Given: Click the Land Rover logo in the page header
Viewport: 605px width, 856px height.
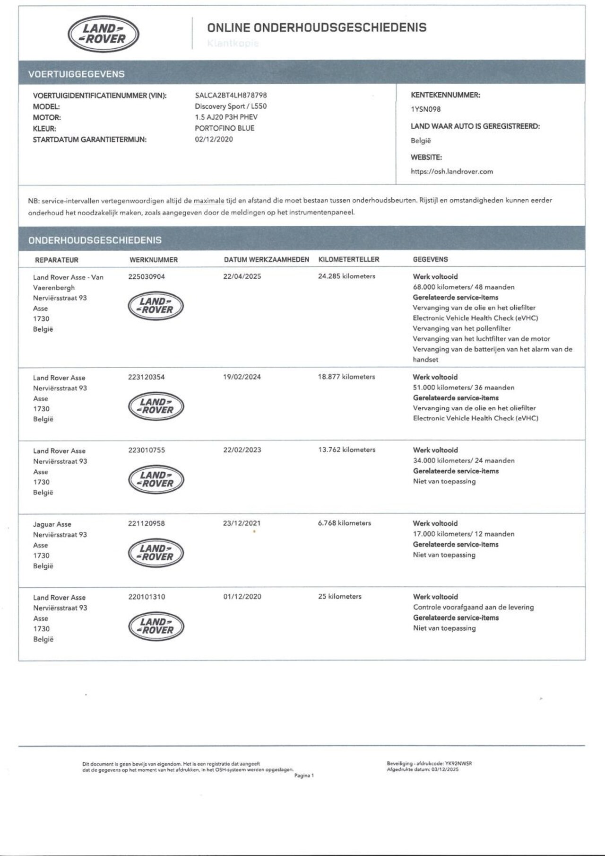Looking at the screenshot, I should (x=104, y=35).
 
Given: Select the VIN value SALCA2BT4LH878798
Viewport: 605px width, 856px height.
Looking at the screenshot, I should (x=231, y=95).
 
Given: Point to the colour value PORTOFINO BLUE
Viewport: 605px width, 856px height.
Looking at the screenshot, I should (x=225, y=128).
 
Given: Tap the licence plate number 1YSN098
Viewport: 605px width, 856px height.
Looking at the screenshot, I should (x=425, y=109).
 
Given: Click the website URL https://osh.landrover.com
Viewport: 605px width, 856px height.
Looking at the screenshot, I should (x=451, y=172).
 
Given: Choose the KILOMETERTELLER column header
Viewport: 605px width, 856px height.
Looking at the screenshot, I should (x=349, y=259).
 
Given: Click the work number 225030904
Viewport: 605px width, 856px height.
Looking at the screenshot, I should (x=147, y=276).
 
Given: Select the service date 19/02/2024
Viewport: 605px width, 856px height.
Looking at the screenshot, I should (x=242, y=377).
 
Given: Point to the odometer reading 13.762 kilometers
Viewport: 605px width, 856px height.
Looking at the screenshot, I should (x=346, y=450).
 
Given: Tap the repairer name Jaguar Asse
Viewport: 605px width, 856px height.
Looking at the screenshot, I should (x=52, y=524).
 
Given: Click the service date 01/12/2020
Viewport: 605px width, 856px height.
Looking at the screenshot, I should (x=242, y=597).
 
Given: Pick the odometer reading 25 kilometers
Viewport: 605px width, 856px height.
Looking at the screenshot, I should (x=339, y=597).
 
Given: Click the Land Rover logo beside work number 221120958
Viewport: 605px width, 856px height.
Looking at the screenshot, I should (x=156, y=553).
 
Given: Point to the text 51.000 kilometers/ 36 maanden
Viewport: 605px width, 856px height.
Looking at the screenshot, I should (x=463, y=388).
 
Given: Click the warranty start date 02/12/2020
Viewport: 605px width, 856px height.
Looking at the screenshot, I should (x=214, y=140).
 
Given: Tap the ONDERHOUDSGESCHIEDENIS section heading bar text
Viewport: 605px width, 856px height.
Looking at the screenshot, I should (x=95, y=240).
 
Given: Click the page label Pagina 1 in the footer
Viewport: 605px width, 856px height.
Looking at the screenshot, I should (x=304, y=776).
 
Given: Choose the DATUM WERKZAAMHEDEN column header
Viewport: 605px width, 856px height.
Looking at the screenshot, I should (x=266, y=259).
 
